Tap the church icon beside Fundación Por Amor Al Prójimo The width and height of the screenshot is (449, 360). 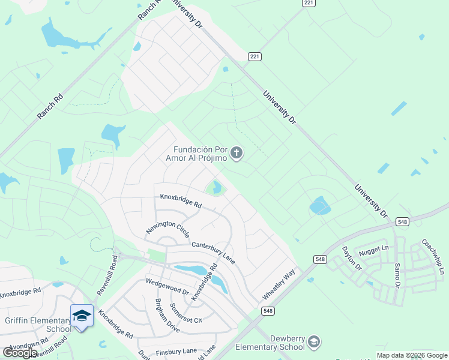pos(237,154)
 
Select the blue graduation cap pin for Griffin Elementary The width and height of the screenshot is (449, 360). pos(82,316)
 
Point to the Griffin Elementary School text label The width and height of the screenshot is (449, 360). pos(37,325)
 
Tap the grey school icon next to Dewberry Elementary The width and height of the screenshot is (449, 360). pos(313,343)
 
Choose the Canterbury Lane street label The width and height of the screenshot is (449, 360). pos(213,253)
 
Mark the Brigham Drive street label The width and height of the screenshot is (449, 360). pos(167,316)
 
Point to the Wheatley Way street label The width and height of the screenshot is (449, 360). pos(279,286)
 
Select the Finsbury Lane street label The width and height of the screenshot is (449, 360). pos(176,351)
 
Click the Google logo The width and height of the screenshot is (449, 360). pos(20,353)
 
